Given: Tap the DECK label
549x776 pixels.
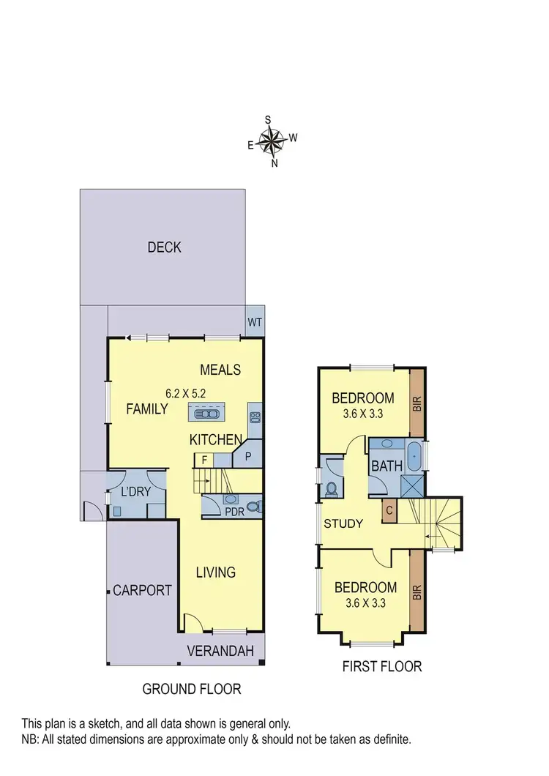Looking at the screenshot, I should click(x=164, y=247).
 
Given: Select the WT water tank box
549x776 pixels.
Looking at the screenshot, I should click(x=254, y=321).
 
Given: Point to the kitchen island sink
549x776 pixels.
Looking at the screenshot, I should click(x=206, y=414).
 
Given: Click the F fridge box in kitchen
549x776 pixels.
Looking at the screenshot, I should click(x=203, y=460).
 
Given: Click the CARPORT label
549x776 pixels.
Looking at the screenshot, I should click(x=142, y=590).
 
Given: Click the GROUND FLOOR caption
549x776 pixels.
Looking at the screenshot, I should click(x=191, y=689).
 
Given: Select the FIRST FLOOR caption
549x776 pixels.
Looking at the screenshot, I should click(x=382, y=666).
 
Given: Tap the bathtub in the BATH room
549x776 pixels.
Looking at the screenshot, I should click(x=414, y=456).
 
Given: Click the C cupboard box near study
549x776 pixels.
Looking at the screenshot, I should click(x=389, y=512).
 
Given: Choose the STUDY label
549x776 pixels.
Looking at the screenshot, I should click(x=343, y=523).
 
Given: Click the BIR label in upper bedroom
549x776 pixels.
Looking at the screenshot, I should click(x=417, y=405).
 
